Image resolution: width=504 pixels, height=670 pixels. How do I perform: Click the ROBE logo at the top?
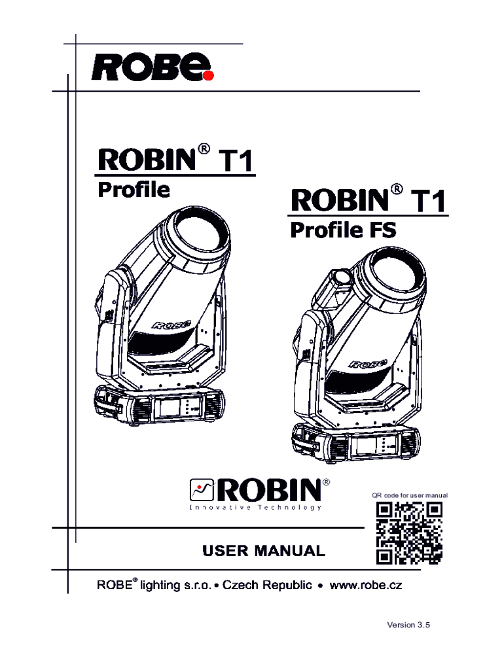152,65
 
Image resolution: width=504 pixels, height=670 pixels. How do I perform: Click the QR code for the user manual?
410,533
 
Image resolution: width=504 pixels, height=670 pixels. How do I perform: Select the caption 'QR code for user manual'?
410,495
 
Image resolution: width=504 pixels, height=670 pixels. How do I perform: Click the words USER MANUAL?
263,551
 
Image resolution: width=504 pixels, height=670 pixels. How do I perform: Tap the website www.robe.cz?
366,585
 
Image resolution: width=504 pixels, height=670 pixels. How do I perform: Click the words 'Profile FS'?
343,230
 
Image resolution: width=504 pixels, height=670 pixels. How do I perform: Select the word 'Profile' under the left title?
134,190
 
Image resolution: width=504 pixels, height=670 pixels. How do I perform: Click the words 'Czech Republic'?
267,585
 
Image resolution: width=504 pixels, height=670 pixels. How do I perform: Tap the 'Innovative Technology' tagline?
255,508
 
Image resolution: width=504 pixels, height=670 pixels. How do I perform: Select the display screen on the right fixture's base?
364,447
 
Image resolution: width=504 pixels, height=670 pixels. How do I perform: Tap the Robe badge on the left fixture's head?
171,323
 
